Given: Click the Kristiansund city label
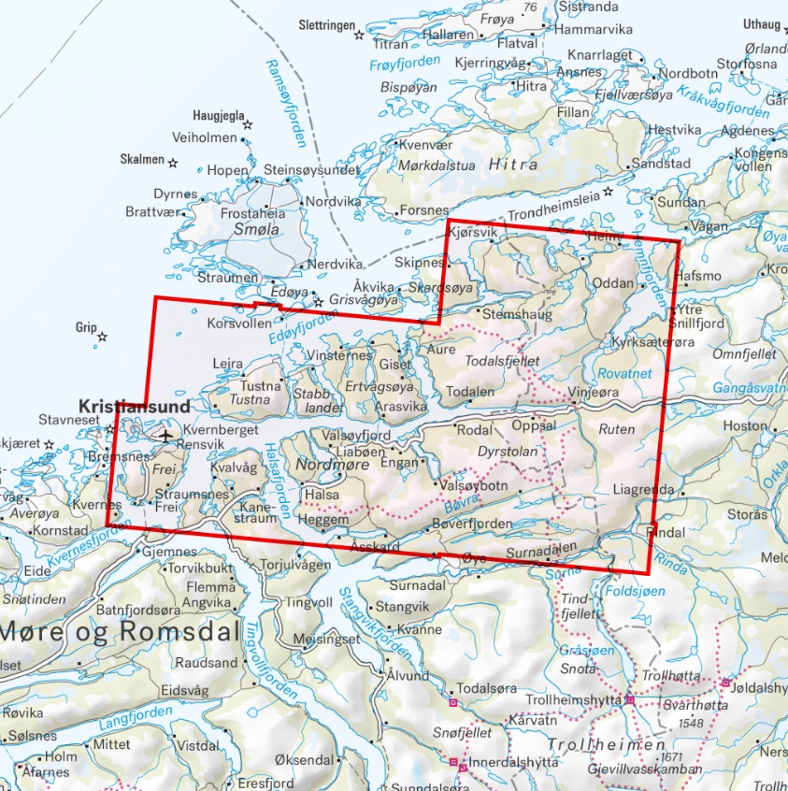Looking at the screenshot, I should (x=135, y=407).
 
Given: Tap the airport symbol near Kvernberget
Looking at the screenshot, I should (x=165, y=436).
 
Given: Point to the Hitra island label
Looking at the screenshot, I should (x=512, y=165).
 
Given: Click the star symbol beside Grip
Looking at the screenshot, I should (x=102, y=337).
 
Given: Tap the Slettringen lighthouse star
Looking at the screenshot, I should (x=359, y=35).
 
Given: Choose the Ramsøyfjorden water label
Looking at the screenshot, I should (x=286, y=103).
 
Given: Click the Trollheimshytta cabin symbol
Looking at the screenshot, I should (x=630, y=699).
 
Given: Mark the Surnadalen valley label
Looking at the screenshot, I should (x=537, y=554).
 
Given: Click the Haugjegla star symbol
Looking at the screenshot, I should (x=248, y=123).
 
